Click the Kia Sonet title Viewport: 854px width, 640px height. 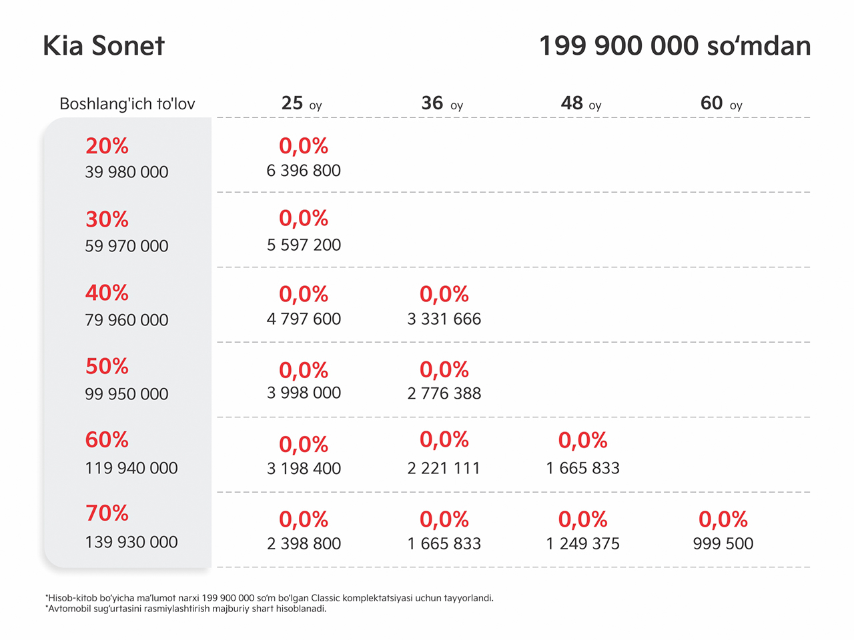[x=103, y=46]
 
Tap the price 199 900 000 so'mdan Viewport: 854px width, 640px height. [x=675, y=46]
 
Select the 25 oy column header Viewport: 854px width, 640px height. [x=302, y=103]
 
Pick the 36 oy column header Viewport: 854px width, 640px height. [x=442, y=103]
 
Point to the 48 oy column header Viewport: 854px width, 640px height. [x=581, y=103]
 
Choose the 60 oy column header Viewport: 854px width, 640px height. [x=722, y=103]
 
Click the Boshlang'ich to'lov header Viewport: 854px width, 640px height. [x=127, y=104]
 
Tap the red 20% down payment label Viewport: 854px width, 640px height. [x=107, y=146]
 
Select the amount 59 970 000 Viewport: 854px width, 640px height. [x=127, y=246]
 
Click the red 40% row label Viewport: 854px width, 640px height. [x=107, y=293]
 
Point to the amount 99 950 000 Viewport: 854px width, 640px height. [x=127, y=394]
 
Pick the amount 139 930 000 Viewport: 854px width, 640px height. [x=131, y=542]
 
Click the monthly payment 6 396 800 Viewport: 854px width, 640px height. [x=304, y=171]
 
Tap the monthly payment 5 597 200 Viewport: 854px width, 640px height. [x=304, y=245]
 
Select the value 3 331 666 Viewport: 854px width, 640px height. [x=444, y=319]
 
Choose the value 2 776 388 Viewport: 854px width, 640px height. [x=444, y=393]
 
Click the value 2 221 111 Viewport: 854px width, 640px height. [x=444, y=468]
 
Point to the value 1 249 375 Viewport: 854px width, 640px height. [x=583, y=543]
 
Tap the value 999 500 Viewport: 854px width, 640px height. [x=723, y=543]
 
